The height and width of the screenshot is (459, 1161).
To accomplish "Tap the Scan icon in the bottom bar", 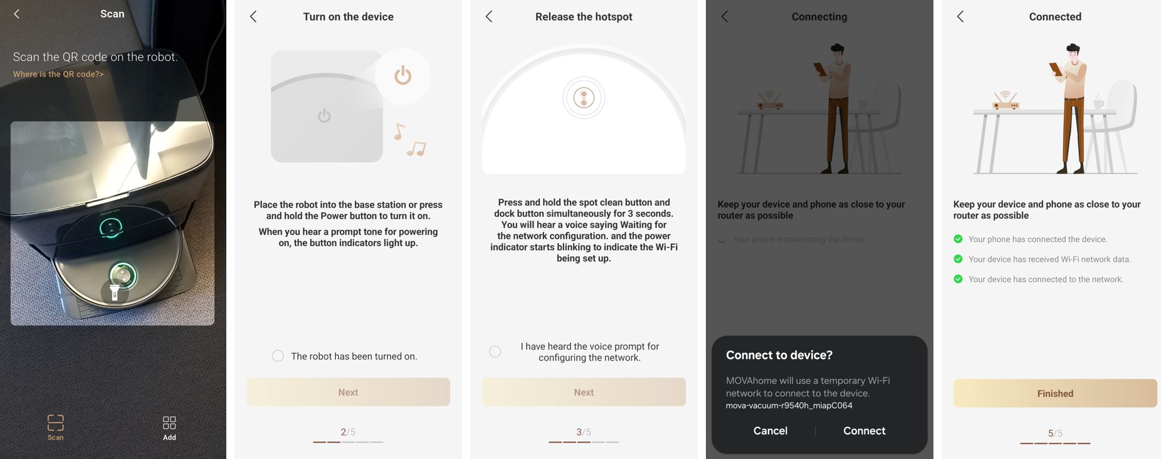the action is [x=55, y=422].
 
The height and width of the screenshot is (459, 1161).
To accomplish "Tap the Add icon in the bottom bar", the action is [x=169, y=422].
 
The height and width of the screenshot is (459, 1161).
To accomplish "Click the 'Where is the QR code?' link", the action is [x=58, y=74].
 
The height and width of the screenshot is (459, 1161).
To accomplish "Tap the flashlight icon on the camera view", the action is [x=115, y=292].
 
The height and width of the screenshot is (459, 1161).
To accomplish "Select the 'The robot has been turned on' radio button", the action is [x=278, y=356].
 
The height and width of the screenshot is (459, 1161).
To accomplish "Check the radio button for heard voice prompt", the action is [x=495, y=352].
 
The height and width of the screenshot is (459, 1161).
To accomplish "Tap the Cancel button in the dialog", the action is [x=770, y=431].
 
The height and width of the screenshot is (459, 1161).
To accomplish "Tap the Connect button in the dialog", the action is [x=864, y=431].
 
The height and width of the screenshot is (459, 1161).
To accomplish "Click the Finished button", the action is [x=1055, y=393].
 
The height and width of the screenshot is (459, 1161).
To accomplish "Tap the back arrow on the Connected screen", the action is [x=960, y=16].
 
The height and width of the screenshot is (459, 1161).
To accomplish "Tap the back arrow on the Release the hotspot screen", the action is [x=489, y=16].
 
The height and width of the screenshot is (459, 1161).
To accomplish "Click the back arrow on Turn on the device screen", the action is [x=253, y=16].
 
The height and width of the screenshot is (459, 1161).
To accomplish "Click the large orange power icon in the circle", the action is [x=403, y=75].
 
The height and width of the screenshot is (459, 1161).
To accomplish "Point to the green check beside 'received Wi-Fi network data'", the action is [x=958, y=259].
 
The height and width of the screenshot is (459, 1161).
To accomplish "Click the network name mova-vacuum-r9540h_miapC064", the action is [x=789, y=406].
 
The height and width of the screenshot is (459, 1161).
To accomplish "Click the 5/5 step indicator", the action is [x=1055, y=433].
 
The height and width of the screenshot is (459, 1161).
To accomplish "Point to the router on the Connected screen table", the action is [x=1006, y=100].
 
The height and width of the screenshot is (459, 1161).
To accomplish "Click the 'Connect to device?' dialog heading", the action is [x=779, y=355].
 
